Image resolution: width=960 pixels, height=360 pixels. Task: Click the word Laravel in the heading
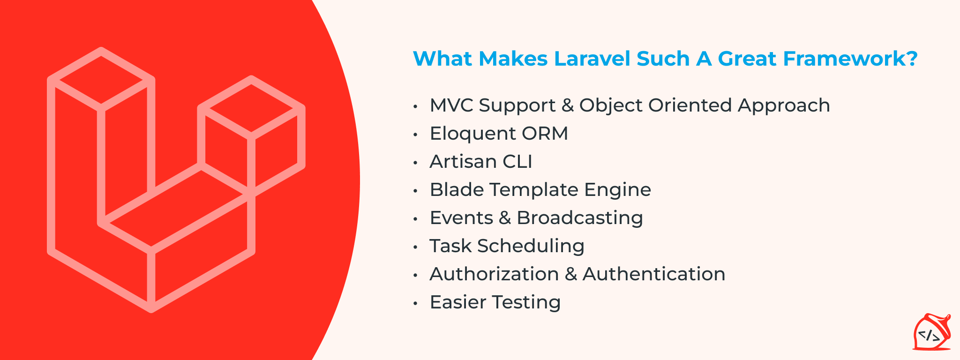(592, 59)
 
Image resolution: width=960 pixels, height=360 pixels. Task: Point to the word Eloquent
(472, 134)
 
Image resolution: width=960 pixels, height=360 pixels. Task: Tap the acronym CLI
(517, 162)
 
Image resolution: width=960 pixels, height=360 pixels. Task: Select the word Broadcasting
(580, 218)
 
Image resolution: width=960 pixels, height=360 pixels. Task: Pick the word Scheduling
(531, 246)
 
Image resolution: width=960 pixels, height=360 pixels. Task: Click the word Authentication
(654, 274)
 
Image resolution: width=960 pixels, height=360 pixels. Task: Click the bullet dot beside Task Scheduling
(415, 247)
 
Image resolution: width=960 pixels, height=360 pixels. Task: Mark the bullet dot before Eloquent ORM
(415, 135)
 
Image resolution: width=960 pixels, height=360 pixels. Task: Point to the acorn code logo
(931, 333)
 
